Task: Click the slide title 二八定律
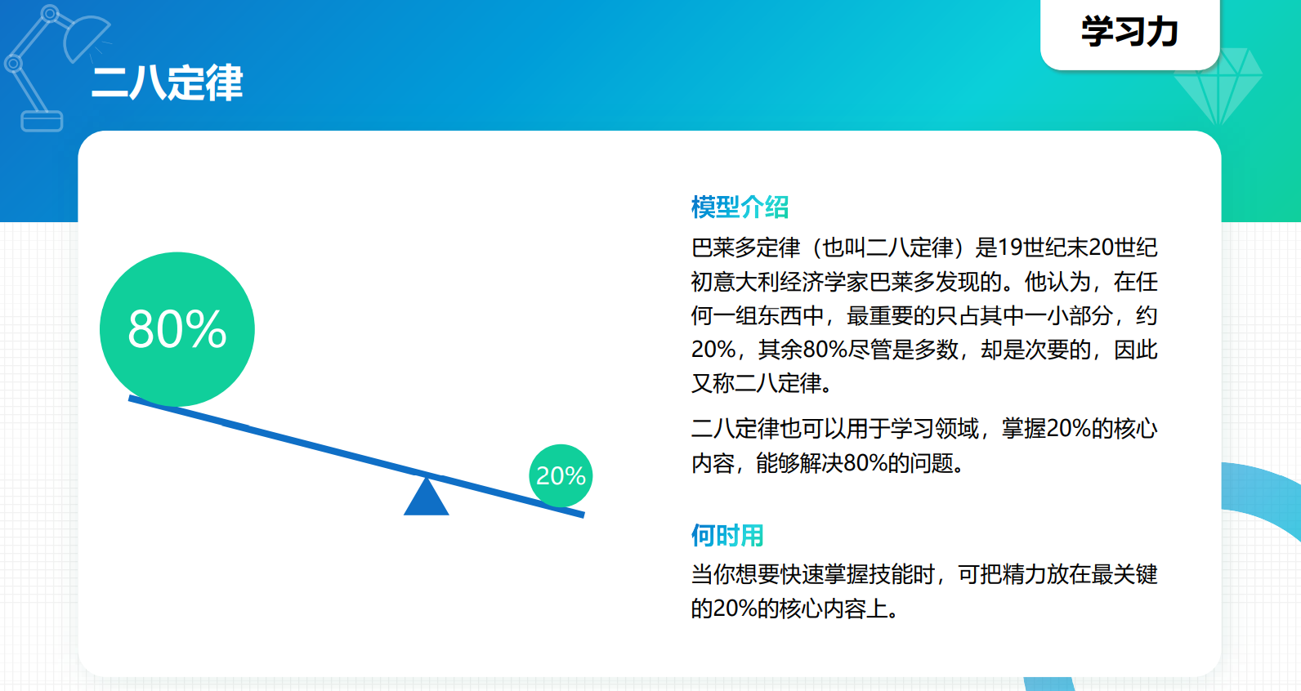[168, 82]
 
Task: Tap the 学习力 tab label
[1129, 31]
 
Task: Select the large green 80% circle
[177, 329]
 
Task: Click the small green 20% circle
[561, 476]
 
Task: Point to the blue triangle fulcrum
[427, 497]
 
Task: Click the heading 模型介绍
[740, 207]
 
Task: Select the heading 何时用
[727, 535]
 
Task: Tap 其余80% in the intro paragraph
[803, 350]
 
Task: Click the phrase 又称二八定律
[757, 383]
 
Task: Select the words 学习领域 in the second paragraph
[935, 429]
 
